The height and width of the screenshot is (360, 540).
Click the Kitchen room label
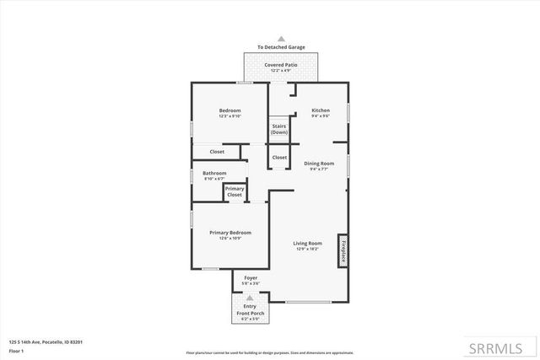pos(320,111)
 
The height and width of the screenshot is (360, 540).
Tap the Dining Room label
pos(319,163)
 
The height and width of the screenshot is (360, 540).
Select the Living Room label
pos(308,243)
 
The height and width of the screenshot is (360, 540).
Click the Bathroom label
pos(214,173)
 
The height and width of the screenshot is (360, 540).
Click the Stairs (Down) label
pos(279,129)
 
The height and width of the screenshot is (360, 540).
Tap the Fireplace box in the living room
pos(343,250)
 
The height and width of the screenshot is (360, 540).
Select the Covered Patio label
pos(282,64)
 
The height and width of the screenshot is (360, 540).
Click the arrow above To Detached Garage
pos(282,39)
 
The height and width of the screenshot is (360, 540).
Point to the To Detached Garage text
pos(282,47)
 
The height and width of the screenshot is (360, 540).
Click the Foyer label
pos(251,277)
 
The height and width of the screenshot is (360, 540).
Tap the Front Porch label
pos(251,313)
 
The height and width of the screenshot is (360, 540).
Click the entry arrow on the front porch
pos(251,298)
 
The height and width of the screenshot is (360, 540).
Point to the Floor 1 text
pos(16,350)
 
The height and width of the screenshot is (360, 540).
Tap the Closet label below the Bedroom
pos(217,152)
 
